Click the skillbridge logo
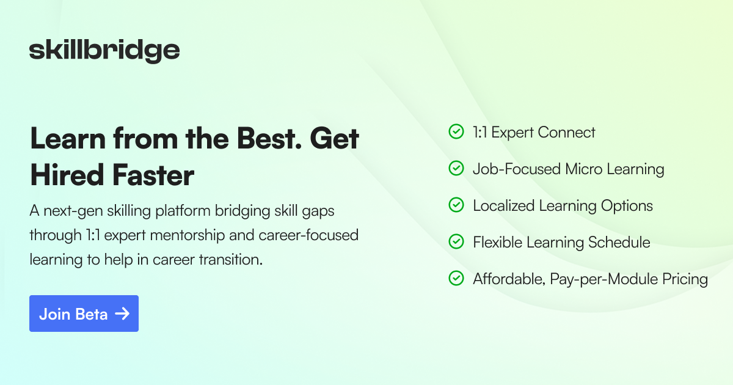click(x=104, y=51)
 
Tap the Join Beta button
click(x=84, y=313)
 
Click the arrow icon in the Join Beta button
click(x=122, y=313)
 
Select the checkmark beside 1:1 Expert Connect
click(x=456, y=132)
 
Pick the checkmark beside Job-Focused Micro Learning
click(x=456, y=169)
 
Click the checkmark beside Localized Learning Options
click(x=456, y=205)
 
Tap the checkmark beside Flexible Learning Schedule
click(x=456, y=242)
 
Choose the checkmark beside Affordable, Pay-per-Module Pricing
click(x=456, y=279)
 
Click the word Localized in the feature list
click(x=504, y=206)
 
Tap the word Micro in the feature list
click(x=585, y=169)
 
